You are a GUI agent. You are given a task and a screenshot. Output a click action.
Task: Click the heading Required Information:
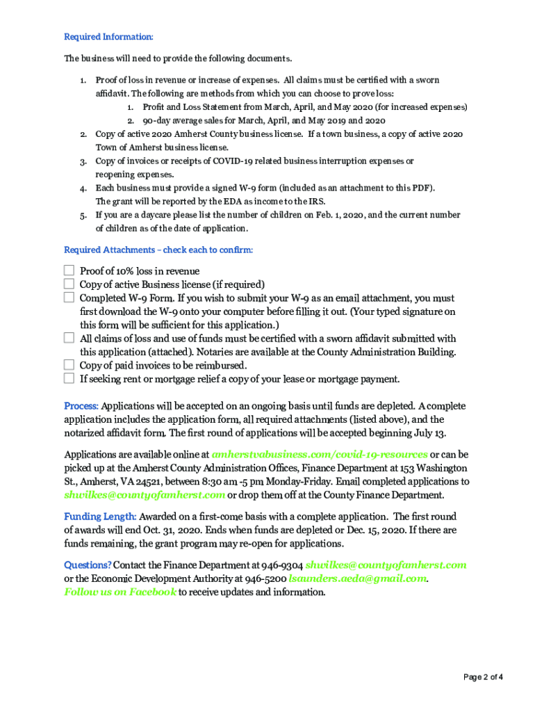(x=108, y=37)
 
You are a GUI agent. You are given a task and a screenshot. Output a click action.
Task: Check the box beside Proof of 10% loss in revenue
(x=69, y=270)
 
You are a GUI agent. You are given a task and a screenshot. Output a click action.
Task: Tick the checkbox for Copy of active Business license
(x=69, y=284)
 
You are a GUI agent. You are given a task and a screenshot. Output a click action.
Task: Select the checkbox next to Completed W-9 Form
(x=69, y=298)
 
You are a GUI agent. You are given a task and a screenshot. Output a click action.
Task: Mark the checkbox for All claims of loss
(x=69, y=338)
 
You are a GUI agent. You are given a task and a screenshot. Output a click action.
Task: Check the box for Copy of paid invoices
(x=69, y=365)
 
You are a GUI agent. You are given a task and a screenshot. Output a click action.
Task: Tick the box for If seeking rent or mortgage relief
(x=69, y=378)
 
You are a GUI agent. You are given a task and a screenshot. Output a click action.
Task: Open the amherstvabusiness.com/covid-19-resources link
(x=320, y=454)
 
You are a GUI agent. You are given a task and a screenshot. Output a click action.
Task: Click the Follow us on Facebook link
(x=120, y=592)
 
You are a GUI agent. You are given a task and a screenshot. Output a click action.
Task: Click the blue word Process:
(x=81, y=406)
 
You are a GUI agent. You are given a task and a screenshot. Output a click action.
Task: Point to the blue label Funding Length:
(x=100, y=517)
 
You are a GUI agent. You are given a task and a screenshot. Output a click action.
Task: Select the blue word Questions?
(x=88, y=565)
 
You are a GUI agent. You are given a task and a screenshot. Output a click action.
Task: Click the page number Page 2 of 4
(x=483, y=677)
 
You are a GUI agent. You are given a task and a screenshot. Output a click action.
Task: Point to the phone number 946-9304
(x=283, y=565)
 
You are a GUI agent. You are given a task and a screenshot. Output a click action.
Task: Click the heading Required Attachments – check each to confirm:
(x=158, y=250)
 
